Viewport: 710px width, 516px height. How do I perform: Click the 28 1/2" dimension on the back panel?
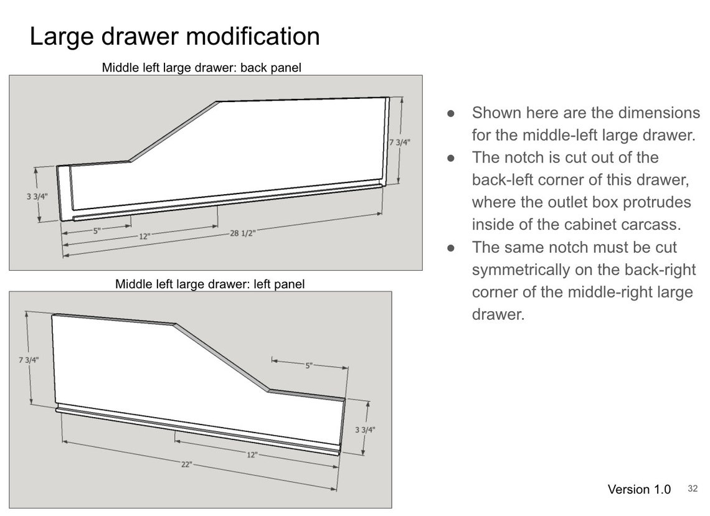pos(242,233)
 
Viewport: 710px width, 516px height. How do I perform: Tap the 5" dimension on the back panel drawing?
pos(97,231)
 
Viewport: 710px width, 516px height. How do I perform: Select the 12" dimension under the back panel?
pos(144,237)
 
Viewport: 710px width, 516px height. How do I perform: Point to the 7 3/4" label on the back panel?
pos(400,142)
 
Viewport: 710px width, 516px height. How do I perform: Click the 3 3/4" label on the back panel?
pos(37,197)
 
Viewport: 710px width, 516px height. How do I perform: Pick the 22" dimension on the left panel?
pos(187,464)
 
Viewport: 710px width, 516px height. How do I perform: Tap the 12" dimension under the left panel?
pos(252,454)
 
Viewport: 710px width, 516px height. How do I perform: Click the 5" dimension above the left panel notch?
pos(309,365)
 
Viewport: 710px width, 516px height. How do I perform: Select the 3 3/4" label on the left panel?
pos(365,429)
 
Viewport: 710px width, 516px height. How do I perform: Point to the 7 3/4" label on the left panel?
pos(29,360)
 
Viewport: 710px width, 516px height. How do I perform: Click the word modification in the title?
pos(253,36)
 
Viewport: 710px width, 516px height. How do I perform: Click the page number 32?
pos(693,489)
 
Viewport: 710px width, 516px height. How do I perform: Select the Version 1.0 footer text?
pos(639,489)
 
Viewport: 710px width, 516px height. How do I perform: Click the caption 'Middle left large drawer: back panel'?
pos(202,67)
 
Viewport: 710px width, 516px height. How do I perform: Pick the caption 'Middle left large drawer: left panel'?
pos(210,284)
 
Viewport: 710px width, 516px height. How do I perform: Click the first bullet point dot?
pos(450,113)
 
